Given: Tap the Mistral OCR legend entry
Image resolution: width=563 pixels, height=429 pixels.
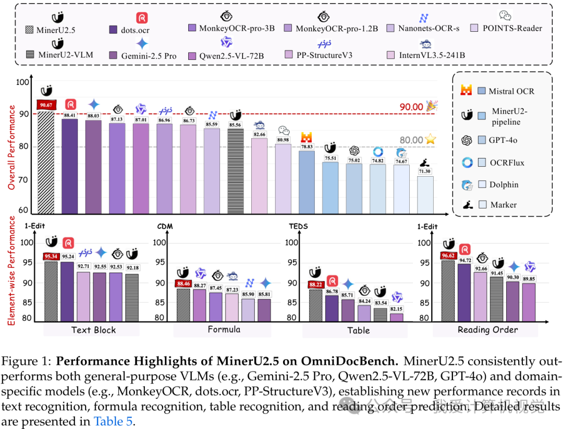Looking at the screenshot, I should click(x=511, y=91).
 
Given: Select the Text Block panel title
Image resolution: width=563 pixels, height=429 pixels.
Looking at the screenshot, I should click(x=93, y=329).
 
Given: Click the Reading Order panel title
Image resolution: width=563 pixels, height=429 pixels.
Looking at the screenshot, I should click(x=488, y=329).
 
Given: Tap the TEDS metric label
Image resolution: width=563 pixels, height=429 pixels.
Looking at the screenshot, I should click(x=298, y=227).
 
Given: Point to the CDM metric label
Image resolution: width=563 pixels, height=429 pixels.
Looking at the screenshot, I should click(x=165, y=227).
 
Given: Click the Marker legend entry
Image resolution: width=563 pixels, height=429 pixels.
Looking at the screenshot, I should click(x=503, y=204).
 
